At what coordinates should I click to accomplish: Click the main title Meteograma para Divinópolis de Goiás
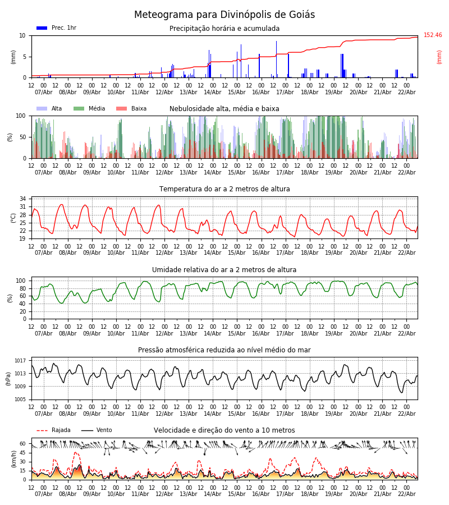click(x=224, y=15)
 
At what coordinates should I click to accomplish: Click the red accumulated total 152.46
click(x=433, y=35)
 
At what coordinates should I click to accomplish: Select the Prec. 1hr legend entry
click(x=56, y=28)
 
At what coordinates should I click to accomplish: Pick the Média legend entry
click(x=89, y=109)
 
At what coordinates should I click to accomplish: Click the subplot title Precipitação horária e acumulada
click(x=224, y=29)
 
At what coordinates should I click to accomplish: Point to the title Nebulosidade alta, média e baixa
click(x=224, y=109)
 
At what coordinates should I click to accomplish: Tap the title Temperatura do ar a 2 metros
click(x=224, y=189)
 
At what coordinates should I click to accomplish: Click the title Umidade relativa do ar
click(x=224, y=270)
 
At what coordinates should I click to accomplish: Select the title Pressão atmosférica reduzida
click(x=224, y=350)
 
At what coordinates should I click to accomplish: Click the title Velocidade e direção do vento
click(x=224, y=430)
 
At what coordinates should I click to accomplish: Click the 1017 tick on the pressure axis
click(x=20, y=361)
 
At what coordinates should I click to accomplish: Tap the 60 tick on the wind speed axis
click(x=22, y=443)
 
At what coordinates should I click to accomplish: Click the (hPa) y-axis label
click(x=8, y=378)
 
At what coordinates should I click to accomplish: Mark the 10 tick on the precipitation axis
click(x=22, y=35)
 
